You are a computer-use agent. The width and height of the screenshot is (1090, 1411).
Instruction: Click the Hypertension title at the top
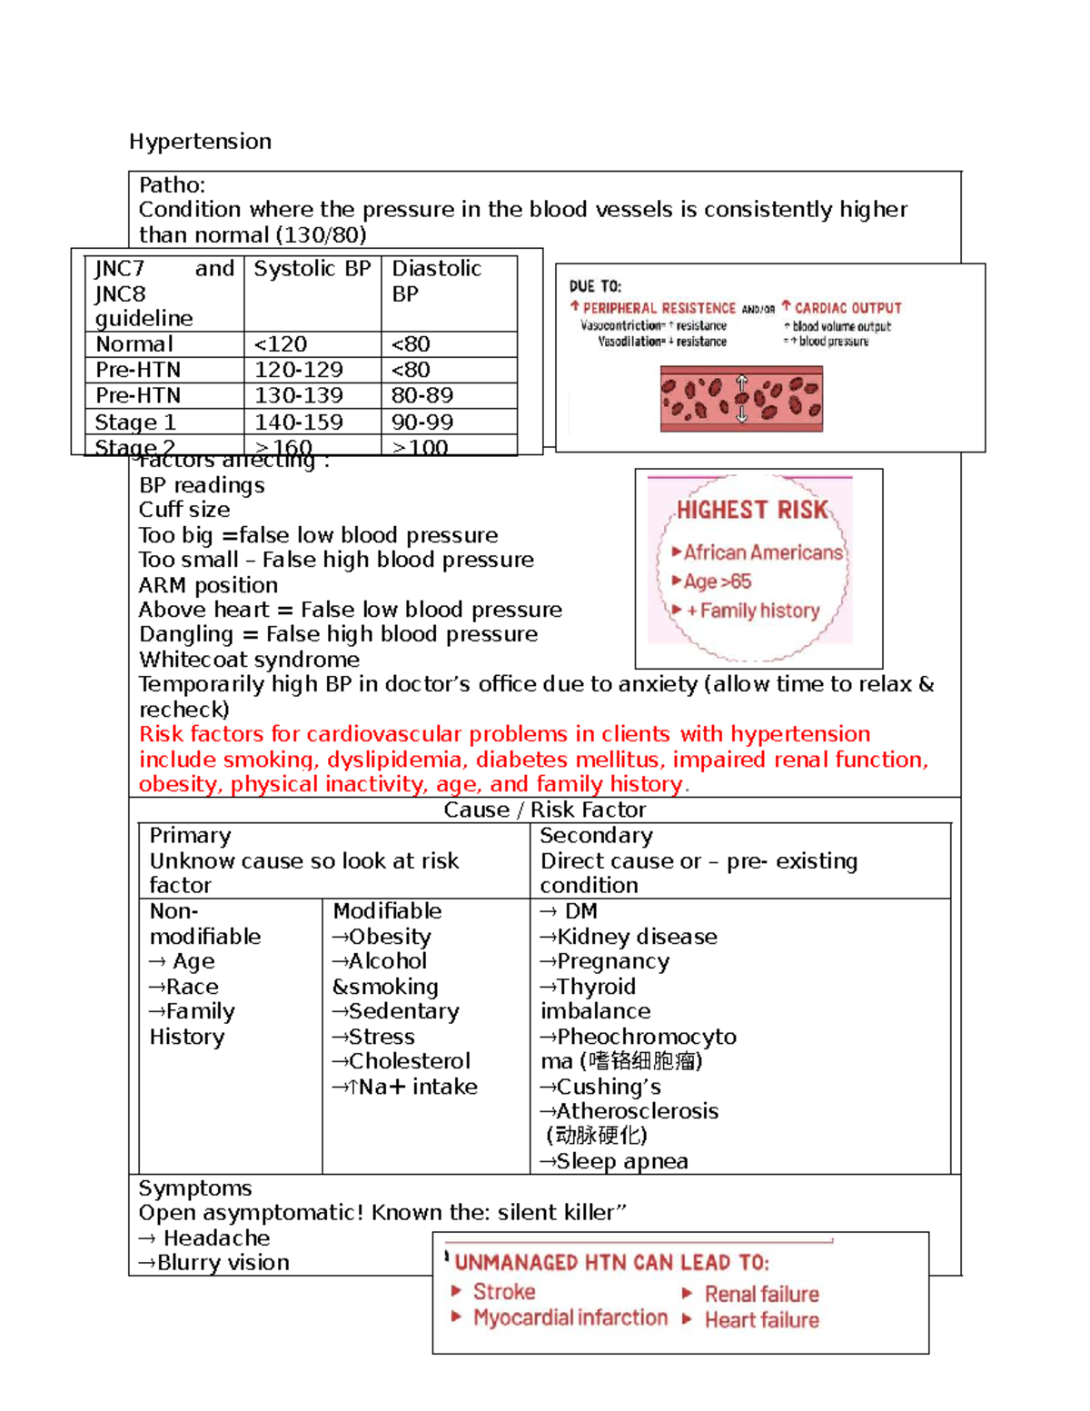point(200,142)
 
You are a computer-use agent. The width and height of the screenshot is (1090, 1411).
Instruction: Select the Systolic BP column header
point(312,269)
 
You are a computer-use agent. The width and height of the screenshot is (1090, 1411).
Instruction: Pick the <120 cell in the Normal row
point(281,344)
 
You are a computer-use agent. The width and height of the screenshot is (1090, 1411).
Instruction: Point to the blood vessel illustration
point(741,399)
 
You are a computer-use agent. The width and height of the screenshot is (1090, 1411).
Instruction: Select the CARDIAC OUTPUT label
point(847,308)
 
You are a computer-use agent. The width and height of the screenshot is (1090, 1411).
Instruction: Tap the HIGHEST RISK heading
point(752,510)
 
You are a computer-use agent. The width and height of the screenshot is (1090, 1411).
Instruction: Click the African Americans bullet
point(762,552)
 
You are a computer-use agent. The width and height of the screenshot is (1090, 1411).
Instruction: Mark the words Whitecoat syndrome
point(249,660)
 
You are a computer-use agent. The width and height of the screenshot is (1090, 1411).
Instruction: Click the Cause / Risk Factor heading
point(544,810)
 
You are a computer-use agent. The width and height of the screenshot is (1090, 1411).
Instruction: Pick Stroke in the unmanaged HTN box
point(503,1292)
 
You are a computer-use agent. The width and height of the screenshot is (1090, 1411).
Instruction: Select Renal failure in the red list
point(761,1294)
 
